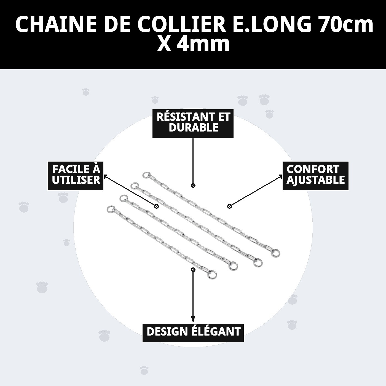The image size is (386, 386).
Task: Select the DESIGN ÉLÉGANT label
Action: tap(193, 332)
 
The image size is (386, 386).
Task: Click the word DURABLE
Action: tap(194, 128)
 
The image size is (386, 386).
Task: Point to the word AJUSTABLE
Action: tap(315, 180)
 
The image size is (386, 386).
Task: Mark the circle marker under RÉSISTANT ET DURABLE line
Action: tap(193, 185)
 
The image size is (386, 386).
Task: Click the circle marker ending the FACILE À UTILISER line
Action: tap(156, 206)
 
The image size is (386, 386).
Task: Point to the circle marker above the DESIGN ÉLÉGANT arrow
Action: tap(193, 269)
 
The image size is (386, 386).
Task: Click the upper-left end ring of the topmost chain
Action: tap(146, 175)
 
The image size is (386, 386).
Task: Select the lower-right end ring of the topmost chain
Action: tap(275, 253)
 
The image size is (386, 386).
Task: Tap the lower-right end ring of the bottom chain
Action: tap(212, 274)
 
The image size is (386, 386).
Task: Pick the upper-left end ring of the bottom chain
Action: tap(110, 209)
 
